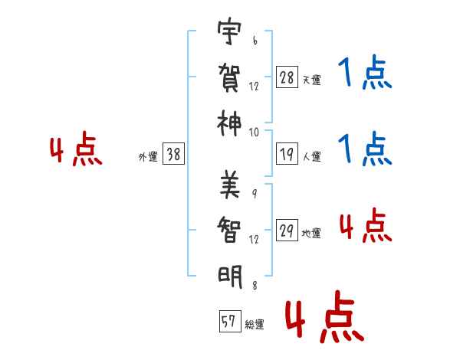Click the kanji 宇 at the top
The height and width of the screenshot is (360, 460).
click(230, 34)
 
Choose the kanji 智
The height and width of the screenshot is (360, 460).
click(230, 229)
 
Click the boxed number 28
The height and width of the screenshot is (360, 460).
click(287, 77)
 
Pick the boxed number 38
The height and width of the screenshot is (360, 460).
click(173, 154)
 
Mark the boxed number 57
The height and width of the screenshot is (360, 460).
click(228, 322)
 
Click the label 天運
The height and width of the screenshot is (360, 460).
click(311, 80)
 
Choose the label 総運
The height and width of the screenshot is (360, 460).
click(255, 325)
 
